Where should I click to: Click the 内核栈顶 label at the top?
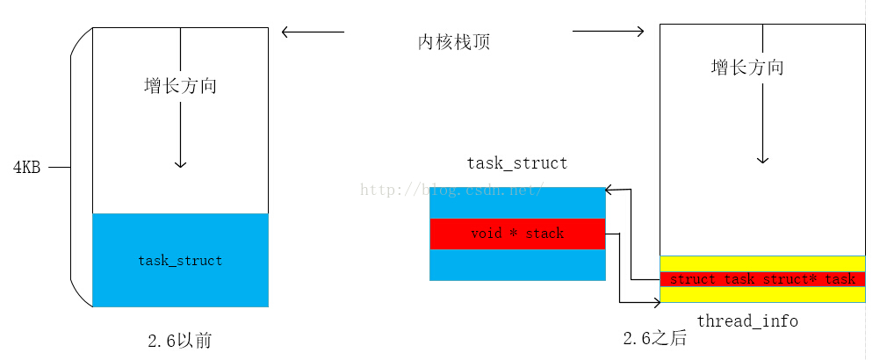pyautogui.click(x=453, y=42)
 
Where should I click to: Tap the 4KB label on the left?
pyautogui.click(x=26, y=168)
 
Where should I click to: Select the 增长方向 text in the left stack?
pyautogui.click(x=180, y=86)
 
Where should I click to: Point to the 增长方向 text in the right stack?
pyautogui.click(x=747, y=68)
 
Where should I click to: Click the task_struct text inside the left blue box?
pyautogui.click(x=180, y=261)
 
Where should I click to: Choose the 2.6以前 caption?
pyautogui.click(x=180, y=340)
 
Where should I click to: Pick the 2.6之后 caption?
pyautogui.click(x=655, y=339)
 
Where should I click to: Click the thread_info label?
pyautogui.click(x=747, y=321)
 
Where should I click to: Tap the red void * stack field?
pyautogui.click(x=517, y=234)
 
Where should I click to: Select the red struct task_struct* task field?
pyautogui.click(x=762, y=279)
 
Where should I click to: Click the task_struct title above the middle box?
pyautogui.click(x=516, y=163)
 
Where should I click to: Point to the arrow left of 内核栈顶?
pyautogui.click(x=313, y=32)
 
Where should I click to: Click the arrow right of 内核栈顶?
pyautogui.click(x=608, y=32)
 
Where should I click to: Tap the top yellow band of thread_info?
pyautogui.click(x=762, y=263)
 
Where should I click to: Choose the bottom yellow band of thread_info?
pyautogui.click(x=762, y=294)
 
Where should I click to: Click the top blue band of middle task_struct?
pyautogui.click(x=517, y=203)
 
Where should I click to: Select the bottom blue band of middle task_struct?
pyautogui.click(x=517, y=264)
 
